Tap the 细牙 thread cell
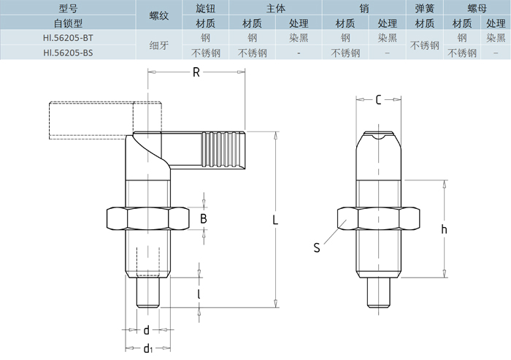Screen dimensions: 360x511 [159, 45]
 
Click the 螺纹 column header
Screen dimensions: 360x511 [159, 15]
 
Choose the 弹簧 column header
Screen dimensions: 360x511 [424, 8]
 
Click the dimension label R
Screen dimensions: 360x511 [196, 72]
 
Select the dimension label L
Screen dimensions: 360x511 [274, 219]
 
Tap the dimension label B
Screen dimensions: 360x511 [204, 218]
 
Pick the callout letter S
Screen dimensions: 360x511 [317, 248]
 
